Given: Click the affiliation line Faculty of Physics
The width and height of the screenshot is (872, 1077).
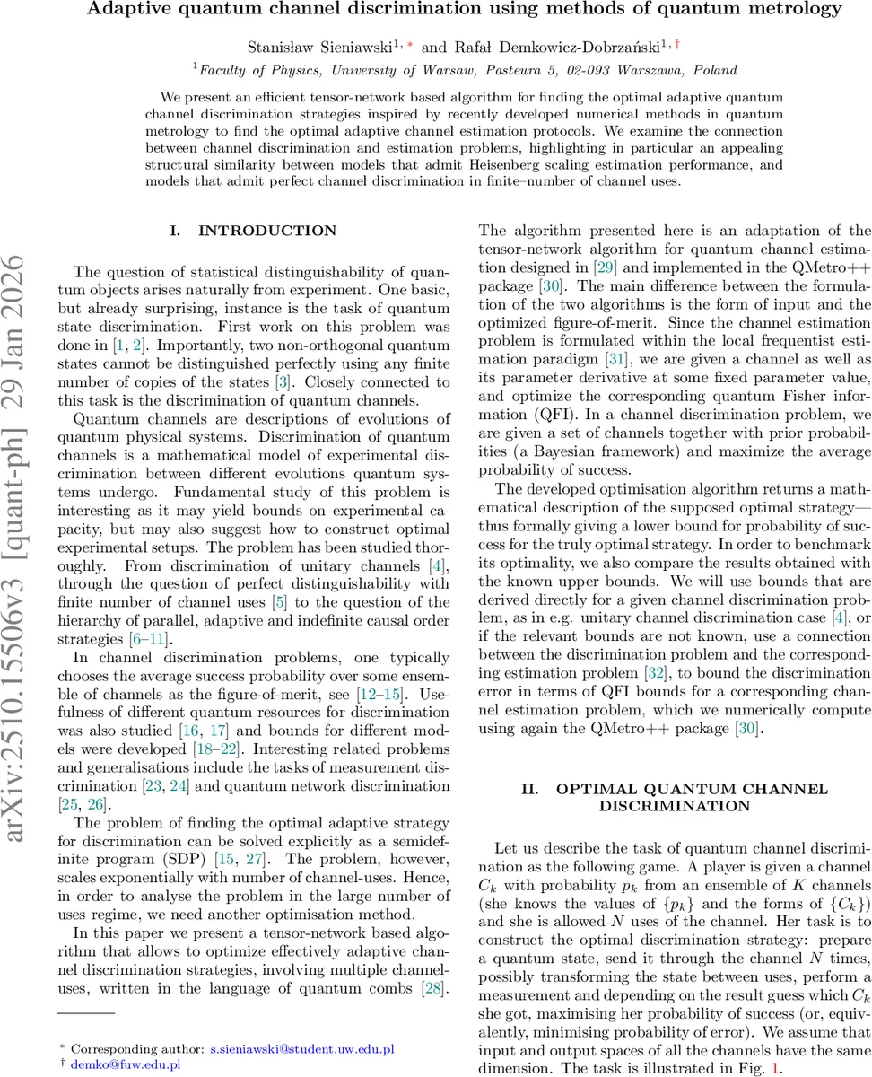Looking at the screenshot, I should [x=465, y=70].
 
